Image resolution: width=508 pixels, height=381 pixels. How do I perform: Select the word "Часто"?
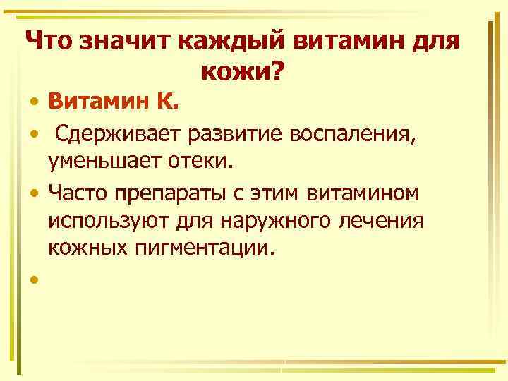tap(78, 192)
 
